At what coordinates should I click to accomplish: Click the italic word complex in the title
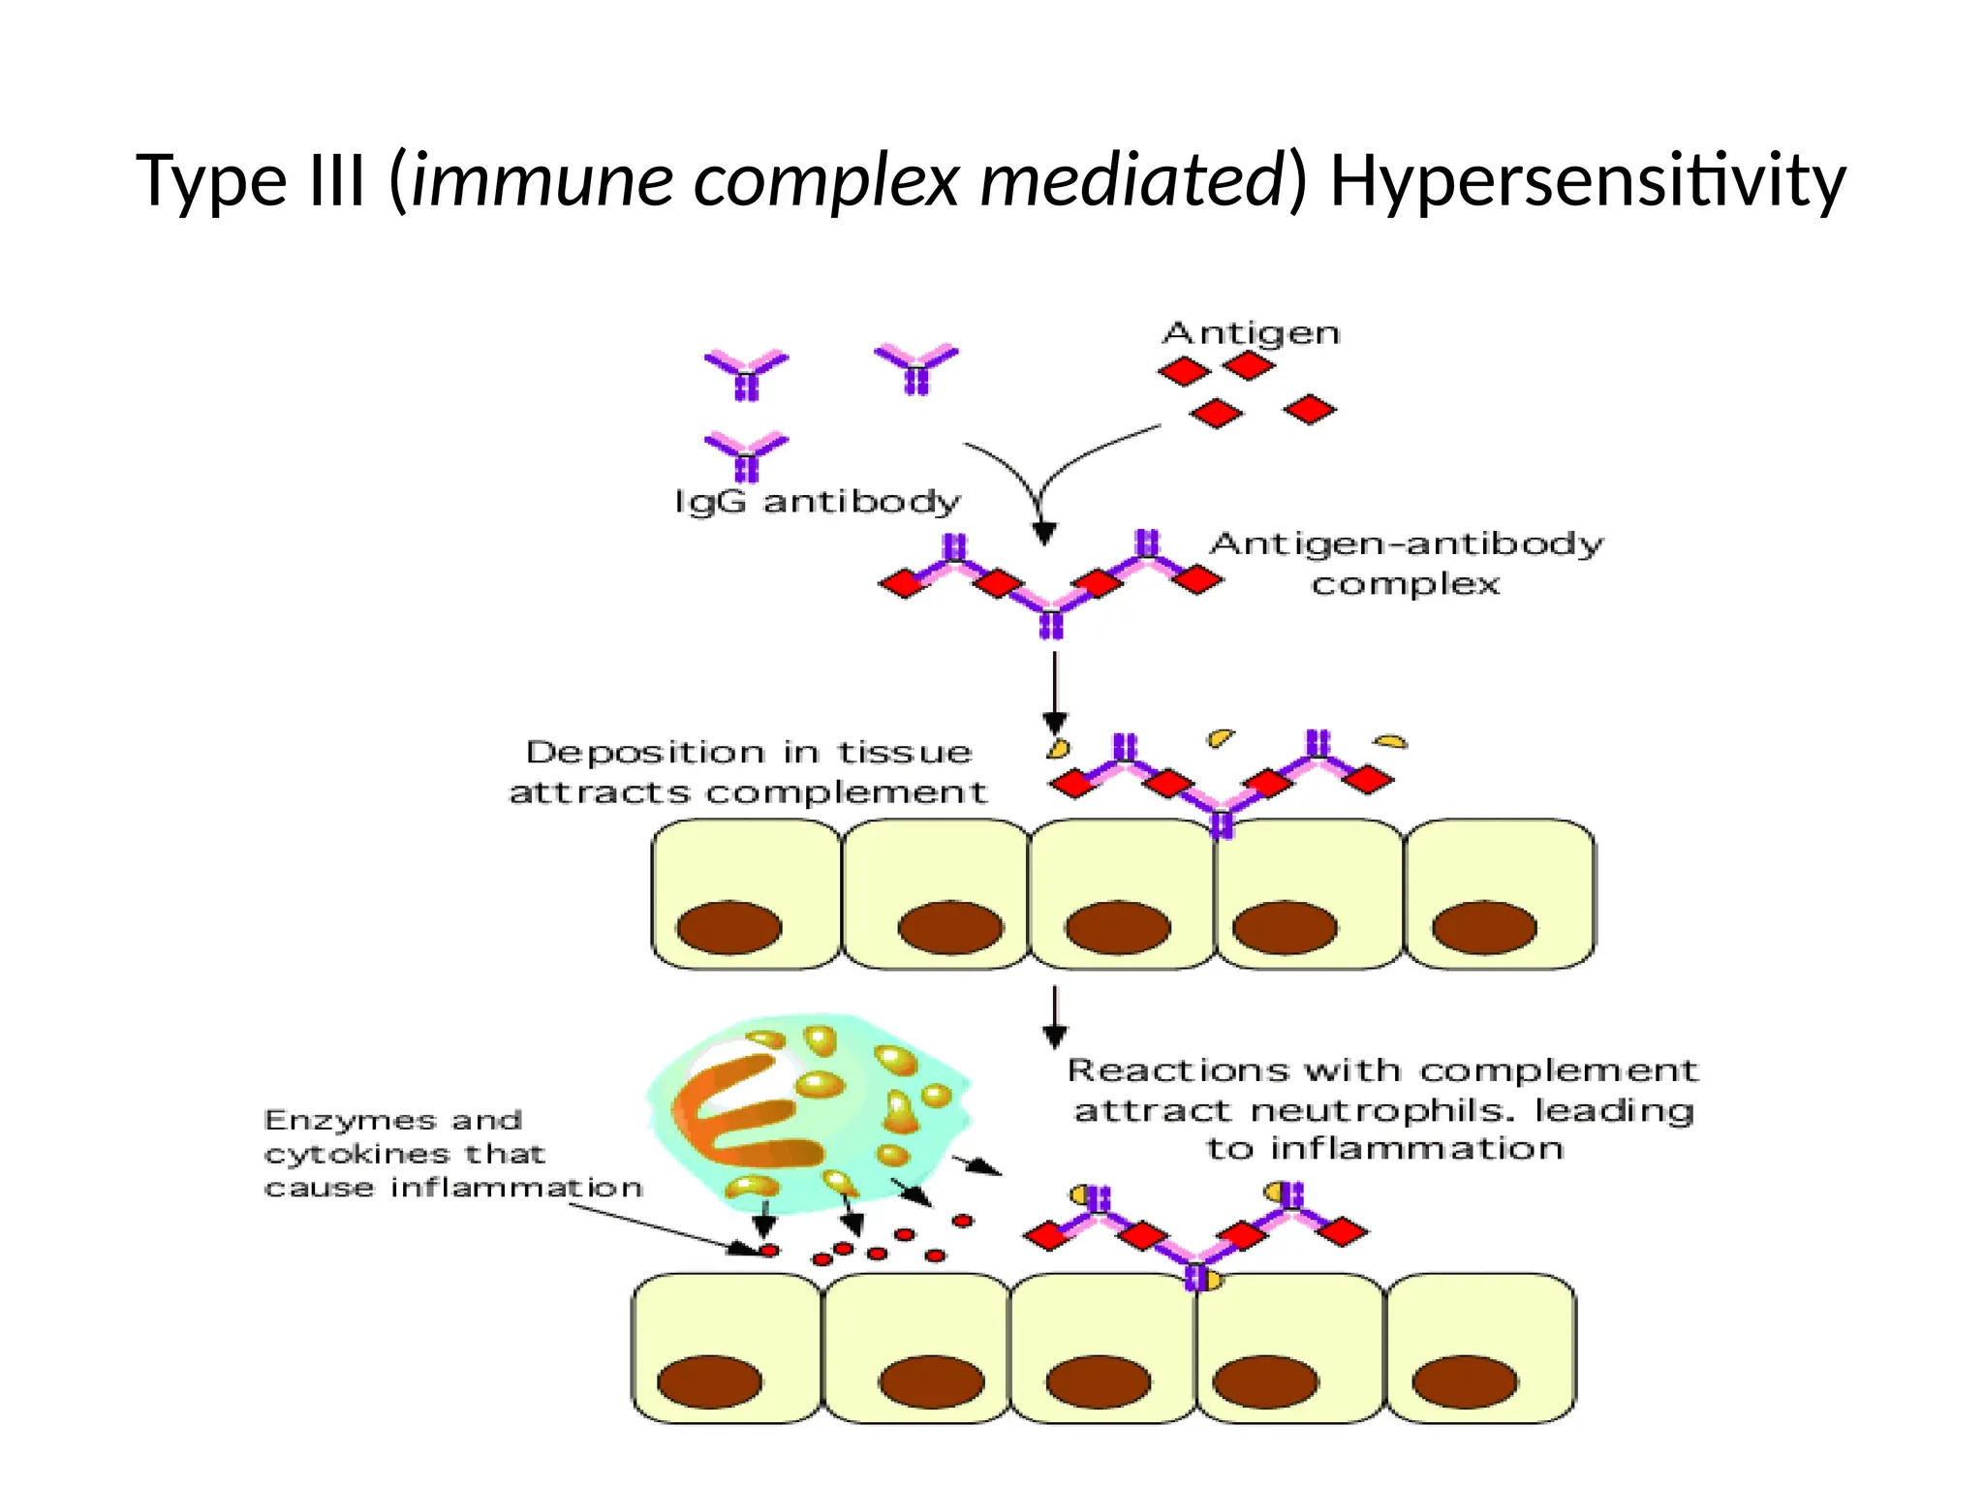tap(826, 181)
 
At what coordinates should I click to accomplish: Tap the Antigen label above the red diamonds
tap(1251, 333)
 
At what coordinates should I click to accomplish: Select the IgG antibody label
tap(817, 502)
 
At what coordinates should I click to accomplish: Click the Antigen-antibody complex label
tap(1406, 563)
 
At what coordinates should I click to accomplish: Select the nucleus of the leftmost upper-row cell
tap(728, 927)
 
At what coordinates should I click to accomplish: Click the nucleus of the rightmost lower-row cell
tap(1464, 1381)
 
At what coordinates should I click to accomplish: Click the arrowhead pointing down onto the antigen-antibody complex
tap(1043, 534)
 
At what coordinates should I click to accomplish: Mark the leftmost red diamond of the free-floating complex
tap(903, 584)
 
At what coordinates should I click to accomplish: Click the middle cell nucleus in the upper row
tap(1117, 927)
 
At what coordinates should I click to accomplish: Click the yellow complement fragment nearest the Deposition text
tap(1058, 748)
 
